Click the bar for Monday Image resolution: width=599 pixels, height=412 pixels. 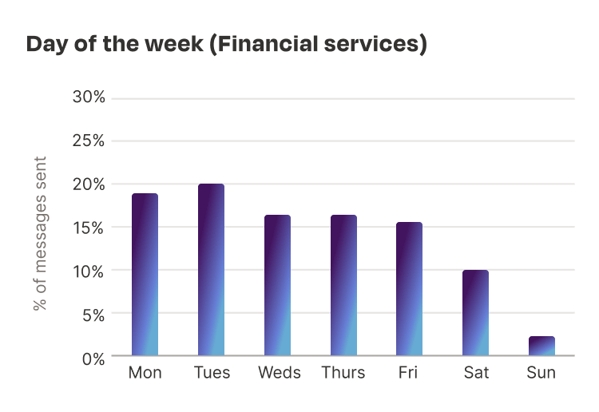(x=145, y=275)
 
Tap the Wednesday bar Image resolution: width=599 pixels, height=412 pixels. (x=277, y=285)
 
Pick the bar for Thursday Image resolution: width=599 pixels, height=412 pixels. (x=343, y=285)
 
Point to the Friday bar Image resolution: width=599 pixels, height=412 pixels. (x=410, y=289)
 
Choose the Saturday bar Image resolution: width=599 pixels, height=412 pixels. (x=475, y=313)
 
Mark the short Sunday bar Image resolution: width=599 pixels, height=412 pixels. (x=541, y=346)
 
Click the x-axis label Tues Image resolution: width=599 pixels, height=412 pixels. (x=212, y=373)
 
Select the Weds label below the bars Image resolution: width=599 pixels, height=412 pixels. (x=278, y=373)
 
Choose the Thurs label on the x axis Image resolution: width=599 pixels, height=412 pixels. (x=343, y=373)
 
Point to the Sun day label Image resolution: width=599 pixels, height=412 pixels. (x=541, y=373)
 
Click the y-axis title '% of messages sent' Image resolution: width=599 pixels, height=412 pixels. (x=40, y=233)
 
